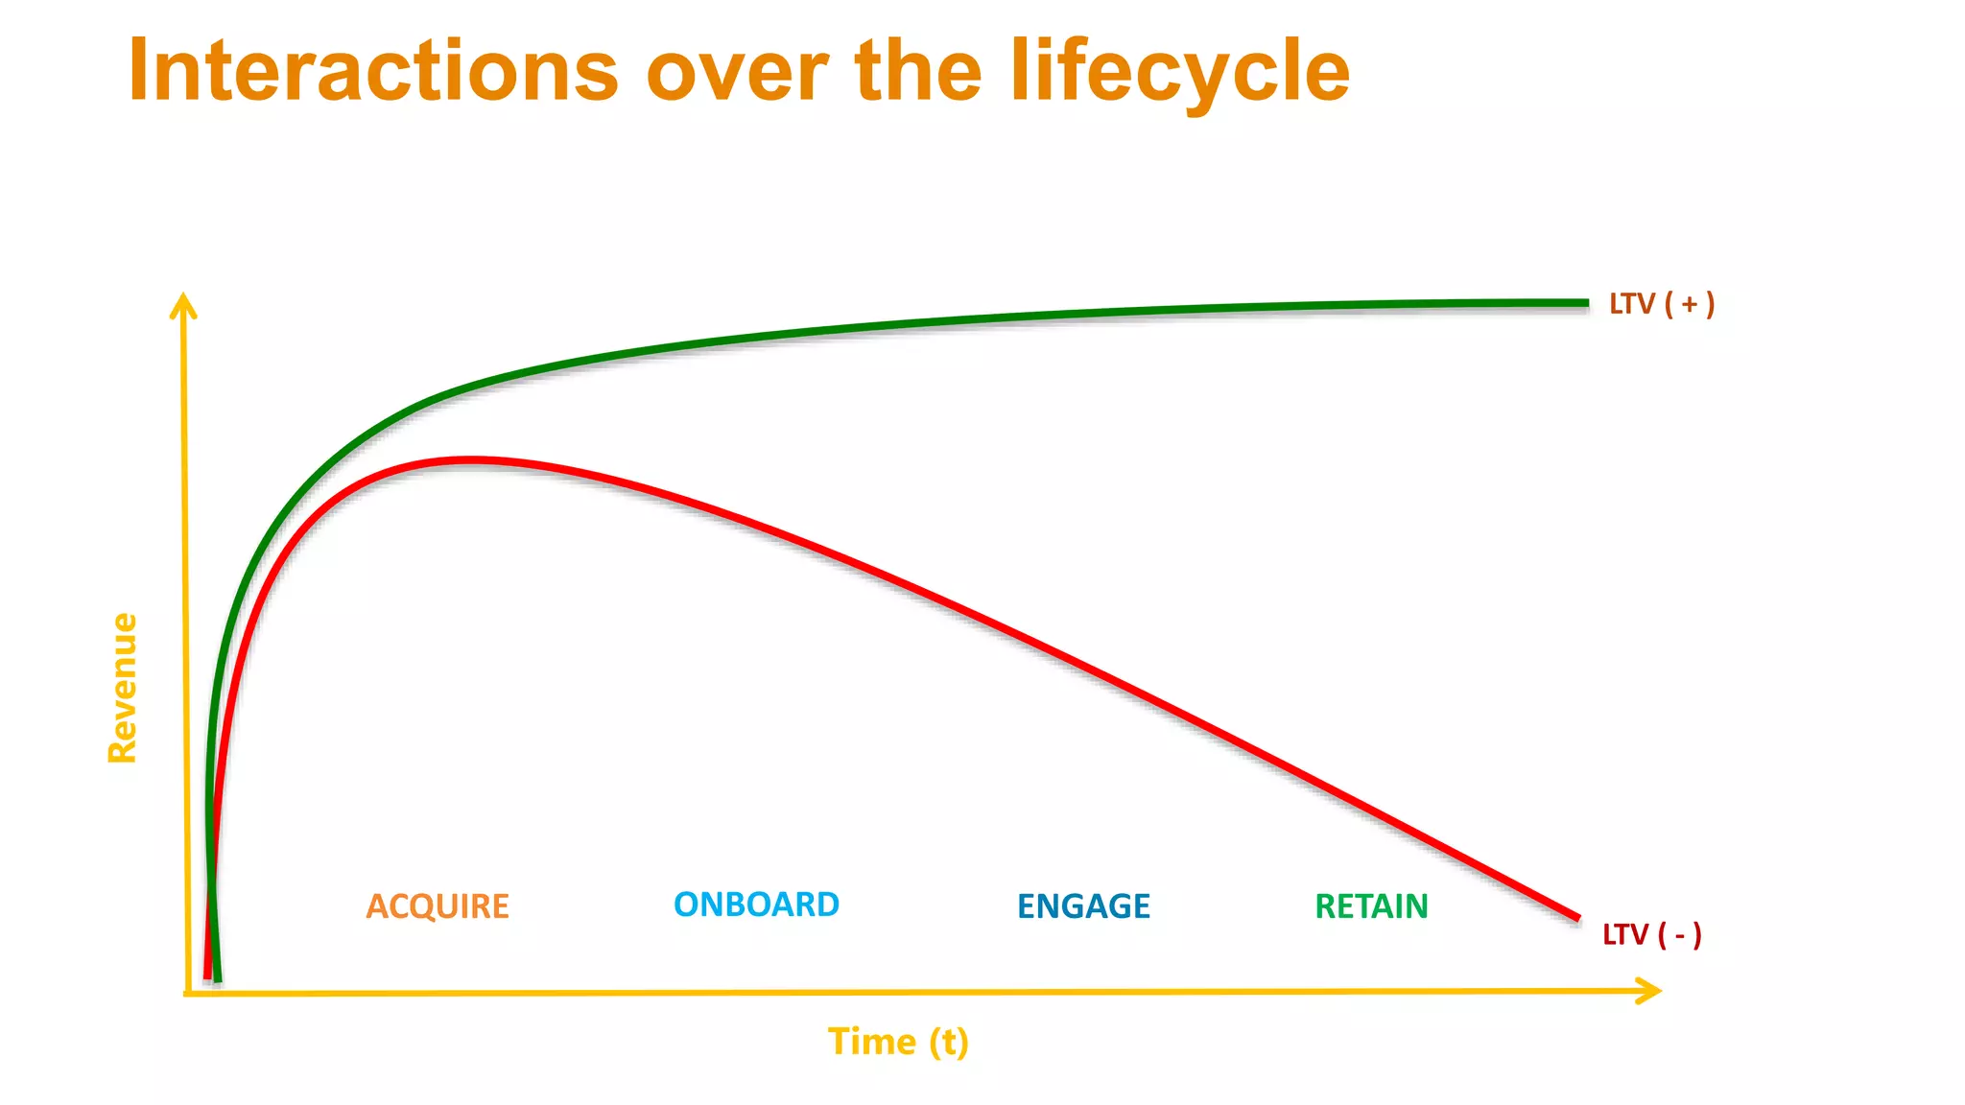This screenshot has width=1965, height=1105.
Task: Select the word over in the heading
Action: click(x=737, y=73)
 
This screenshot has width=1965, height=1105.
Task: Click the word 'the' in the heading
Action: click(x=918, y=71)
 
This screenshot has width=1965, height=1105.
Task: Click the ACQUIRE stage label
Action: click(x=438, y=906)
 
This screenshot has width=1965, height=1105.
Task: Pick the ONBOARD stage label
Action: click(x=756, y=905)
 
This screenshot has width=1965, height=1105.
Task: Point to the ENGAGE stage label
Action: click(x=1083, y=906)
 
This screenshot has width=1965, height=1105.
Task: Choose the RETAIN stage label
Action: click(x=1371, y=906)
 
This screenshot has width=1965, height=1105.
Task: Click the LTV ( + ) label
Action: click(x=1661, y=304)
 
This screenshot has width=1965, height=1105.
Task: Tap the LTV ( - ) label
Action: click(x=1651, y=934)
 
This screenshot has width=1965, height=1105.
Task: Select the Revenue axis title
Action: click(x=123, y=688)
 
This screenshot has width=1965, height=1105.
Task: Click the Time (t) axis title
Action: click(x=898, y=1042)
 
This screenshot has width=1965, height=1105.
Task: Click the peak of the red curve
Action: click(x=470, y=461)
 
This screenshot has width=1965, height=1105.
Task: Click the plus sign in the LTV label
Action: click(x=1689, y=304)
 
